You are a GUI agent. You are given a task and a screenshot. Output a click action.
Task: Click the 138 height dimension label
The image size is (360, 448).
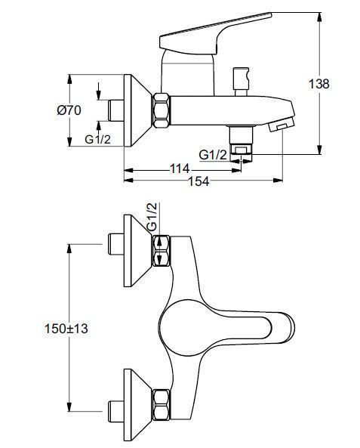(x=319, y=84)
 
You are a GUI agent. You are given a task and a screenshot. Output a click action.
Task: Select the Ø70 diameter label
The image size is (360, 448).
(x=69, y=110)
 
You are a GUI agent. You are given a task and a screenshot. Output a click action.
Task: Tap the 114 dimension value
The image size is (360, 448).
(x=180, y=168)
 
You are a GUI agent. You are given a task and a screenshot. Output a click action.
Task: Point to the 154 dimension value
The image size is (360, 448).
(x=198, y=181)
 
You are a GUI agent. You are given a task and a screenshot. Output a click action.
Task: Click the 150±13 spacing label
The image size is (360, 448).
(x=66, y=329)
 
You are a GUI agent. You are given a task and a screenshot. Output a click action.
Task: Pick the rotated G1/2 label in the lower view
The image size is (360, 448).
(x=152, y=217)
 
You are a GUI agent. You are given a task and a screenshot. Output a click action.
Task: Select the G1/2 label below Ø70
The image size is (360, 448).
(x=97, y=139)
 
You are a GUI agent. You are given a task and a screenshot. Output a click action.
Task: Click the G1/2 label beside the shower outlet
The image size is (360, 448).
(x=213, y=155)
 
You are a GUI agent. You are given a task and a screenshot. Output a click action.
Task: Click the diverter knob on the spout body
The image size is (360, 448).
(x=242, y=82)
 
